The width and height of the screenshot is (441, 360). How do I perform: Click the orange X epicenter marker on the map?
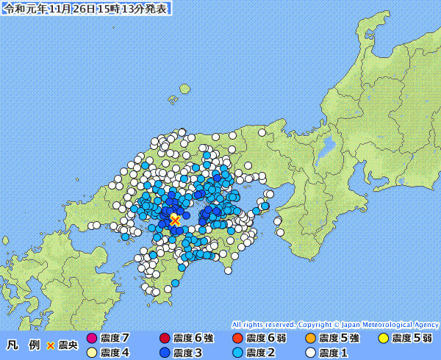tap(175, 220)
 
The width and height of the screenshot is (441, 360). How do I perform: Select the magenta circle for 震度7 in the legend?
tap(92, 339)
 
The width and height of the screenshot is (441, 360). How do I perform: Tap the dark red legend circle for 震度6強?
tap(164, 339)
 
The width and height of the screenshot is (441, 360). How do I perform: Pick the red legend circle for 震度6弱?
tap(237, 339)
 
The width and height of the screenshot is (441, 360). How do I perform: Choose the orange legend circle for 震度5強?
tap(311, 339)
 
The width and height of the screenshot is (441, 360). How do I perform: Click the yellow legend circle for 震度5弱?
tap(383, 339)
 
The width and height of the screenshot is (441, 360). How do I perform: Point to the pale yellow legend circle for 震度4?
tap(92, 353)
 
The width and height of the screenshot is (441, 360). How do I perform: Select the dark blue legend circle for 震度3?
tap(164, 353)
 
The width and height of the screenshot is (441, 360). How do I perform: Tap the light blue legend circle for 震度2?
tap(237, 353)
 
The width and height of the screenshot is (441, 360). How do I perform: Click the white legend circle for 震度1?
tap(311, 353)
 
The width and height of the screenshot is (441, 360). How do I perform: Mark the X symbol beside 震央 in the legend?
tap(51, 345)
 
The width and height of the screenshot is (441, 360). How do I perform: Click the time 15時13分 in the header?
tap(123, 9)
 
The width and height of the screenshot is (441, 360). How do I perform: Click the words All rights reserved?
tap(262, 324)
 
